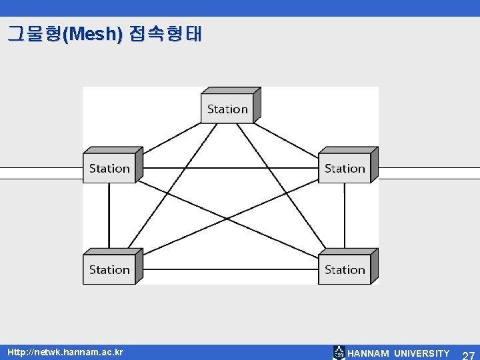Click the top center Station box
click(x=227, y=109)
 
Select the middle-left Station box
click(x=109, y=168)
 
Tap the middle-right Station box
click(x=345, y=168)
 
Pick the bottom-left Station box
click(x=109, y=269)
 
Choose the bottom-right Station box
click(x=345, y=269)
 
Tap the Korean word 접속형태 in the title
click(x=163, y=34)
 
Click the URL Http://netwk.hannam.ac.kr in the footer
click(x=65, y=353)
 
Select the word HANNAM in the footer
click(x=369, y=353)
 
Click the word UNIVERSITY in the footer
click(x=421, y=353)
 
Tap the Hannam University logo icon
click(x=339, y=353)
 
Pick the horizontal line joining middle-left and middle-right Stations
click(x=227, y=168)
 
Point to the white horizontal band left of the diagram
click(x=40, y=173)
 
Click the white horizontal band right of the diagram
click(x=430, y=173)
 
